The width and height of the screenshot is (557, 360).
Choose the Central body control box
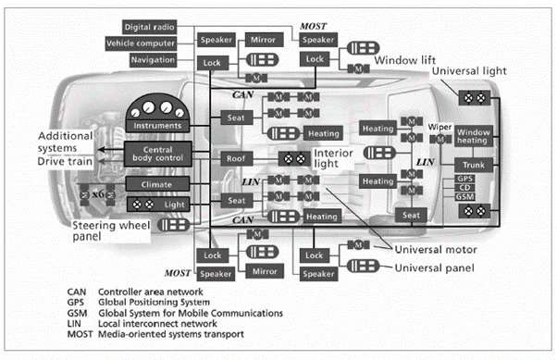click(159, 154)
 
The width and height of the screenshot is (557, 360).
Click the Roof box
click(234, 158)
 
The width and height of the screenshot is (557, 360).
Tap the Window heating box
click(476, 138)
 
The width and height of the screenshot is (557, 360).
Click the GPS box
click(466, 177)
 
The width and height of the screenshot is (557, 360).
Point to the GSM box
click(466, 196)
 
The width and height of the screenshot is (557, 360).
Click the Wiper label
click(438, 124)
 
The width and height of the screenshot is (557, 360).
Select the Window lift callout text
click(404, 60)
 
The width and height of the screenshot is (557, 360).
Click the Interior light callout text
click(338, 158)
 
